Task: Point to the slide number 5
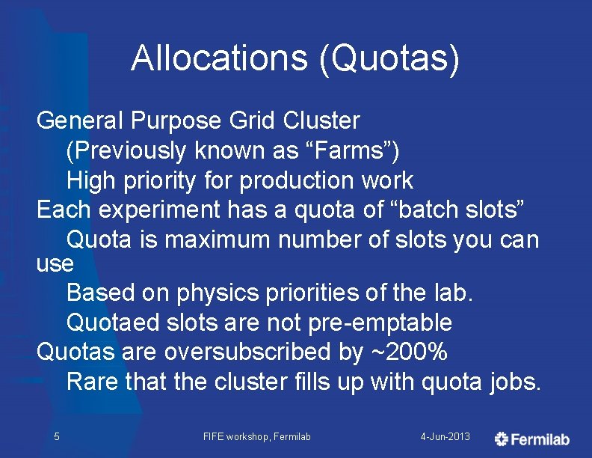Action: click(57, 436)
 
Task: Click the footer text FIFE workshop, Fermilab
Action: click(256, 436)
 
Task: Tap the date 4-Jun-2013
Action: click(445, 436)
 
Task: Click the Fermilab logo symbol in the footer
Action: click(502, 439)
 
